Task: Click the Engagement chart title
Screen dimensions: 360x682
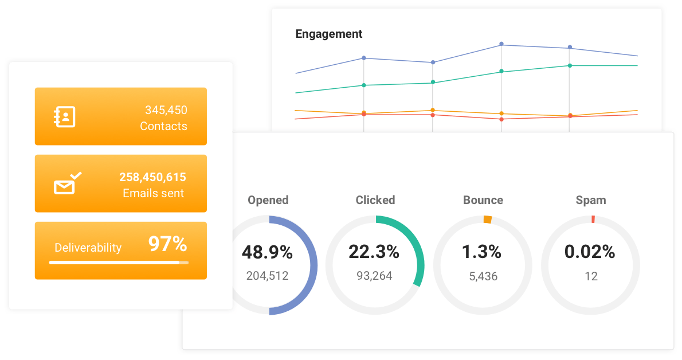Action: coord(328,34)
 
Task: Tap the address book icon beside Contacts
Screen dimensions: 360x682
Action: coord(65,116)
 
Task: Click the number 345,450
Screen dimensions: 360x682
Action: coord(166,110)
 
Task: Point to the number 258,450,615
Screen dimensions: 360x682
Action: coord(152,177)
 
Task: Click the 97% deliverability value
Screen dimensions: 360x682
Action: coord(167,245)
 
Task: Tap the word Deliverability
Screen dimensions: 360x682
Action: coord(88,248)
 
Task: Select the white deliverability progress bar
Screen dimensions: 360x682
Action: coord(118,262)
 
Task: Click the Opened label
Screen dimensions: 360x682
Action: coord(268,200)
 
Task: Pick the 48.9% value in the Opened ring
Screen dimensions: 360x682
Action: coord(267,252)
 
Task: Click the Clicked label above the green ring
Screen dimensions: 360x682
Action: coord(375,200)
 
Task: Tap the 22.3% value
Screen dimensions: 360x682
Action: coord(374,252)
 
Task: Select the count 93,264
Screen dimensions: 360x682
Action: coord(374,276)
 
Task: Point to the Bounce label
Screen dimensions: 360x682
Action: coord(483,200)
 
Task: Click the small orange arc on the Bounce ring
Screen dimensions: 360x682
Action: coord(487,219)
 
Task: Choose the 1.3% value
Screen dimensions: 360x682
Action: coord(481,252)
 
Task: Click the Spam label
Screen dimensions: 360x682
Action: coord(591,200)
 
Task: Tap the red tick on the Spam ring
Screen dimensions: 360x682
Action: coord(593,219)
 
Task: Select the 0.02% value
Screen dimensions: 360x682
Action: coord(590,252)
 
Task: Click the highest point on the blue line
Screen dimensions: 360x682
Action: coord(501,44)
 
